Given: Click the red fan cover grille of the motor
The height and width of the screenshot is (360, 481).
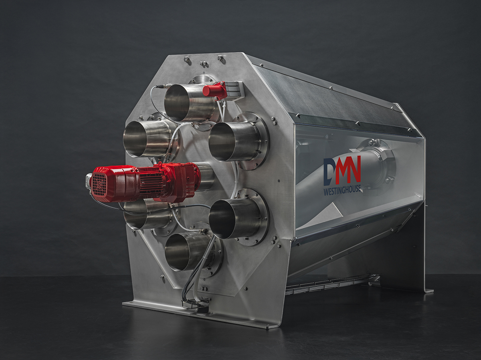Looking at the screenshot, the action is pos(99,185).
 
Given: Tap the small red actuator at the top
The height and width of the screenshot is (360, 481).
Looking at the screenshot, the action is pos(214,90).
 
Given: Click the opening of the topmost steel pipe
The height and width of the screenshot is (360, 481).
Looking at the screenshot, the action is pos(176,103).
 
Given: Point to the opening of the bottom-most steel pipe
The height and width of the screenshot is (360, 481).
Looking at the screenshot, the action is pos(177,251).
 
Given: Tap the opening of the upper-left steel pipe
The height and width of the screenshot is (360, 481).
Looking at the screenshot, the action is pos(135,139).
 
